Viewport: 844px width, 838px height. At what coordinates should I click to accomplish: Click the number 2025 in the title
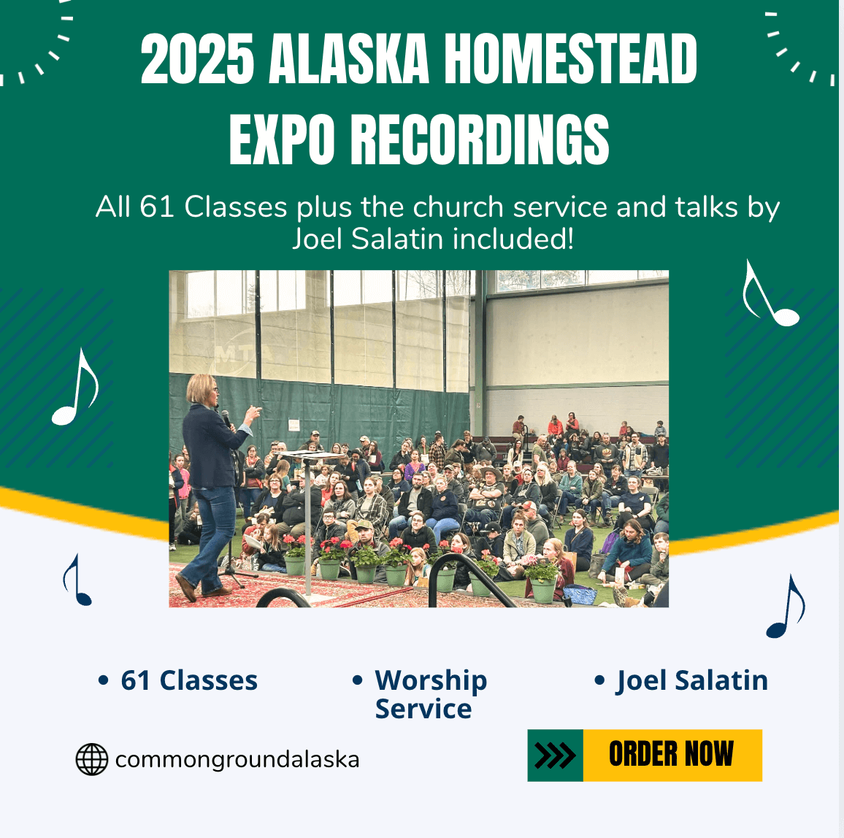point(198,58)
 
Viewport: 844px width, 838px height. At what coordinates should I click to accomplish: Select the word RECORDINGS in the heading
point(480,139)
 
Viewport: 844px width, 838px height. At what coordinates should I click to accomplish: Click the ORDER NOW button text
point(671,753)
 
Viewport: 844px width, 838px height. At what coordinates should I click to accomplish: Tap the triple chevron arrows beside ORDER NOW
point(555,755)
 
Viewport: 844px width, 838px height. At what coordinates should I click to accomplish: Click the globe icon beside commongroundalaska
point(91,759)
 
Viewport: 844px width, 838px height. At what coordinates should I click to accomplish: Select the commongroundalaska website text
point(237,760)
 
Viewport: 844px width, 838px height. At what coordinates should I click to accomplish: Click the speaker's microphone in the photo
point(226,418)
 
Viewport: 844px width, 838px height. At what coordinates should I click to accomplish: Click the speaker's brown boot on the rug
point(185,587)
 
